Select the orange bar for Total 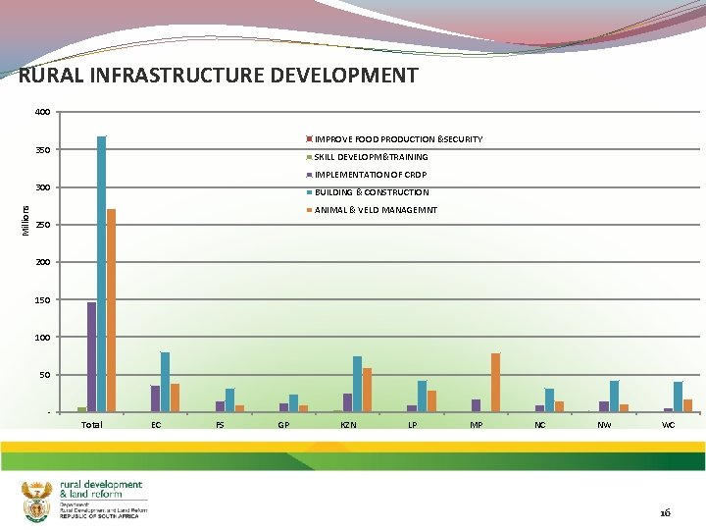(x=112, y=310)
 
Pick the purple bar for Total (x=91, y=356)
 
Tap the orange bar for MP (x=495, y=382)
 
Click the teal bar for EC (x=165, y=382)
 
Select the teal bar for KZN (x=357, y=384)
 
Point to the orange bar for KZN (x=367, y=390)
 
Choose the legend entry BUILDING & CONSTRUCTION (x=371, y=192)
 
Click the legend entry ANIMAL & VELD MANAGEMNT (x=375, y=210)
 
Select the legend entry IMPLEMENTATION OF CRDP (x=370, y=175)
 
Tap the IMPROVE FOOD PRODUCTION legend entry (x=397, y=139)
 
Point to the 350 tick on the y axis (x=42, y=150)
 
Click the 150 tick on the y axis (x=42, y=300)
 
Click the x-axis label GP (x=283, y=425)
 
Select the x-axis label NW (x=604, y=425)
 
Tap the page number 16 (x=665, y=512)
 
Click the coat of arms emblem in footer (x=36, y=502)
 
